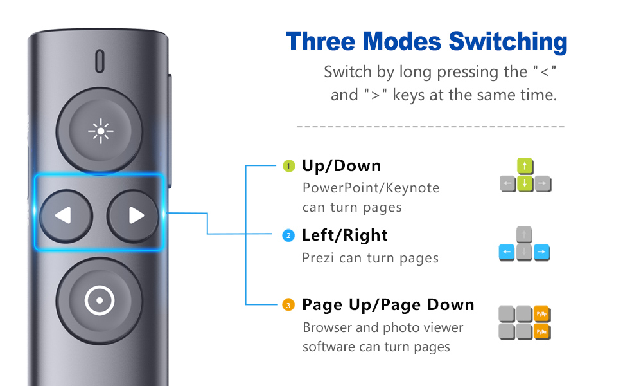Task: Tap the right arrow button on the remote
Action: pos(134,215)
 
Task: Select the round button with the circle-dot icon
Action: pos(100,299)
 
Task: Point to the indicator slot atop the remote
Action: pos(100,61)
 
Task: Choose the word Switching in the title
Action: pos(508,42)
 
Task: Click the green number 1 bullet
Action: pos(289,166)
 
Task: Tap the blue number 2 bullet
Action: pos(289,235)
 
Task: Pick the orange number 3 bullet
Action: pos(289,305)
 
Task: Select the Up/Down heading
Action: pos(341,166)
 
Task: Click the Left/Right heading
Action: pos(345,235)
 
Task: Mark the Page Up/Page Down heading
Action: pos(388,305)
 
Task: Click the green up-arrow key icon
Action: pos(525,167)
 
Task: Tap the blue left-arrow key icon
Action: pos(507,253)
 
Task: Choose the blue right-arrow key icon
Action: pos(542,253)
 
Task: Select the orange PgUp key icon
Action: pos(543,315)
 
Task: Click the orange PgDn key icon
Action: pos(543,331)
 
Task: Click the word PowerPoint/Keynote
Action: pos(371,188)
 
